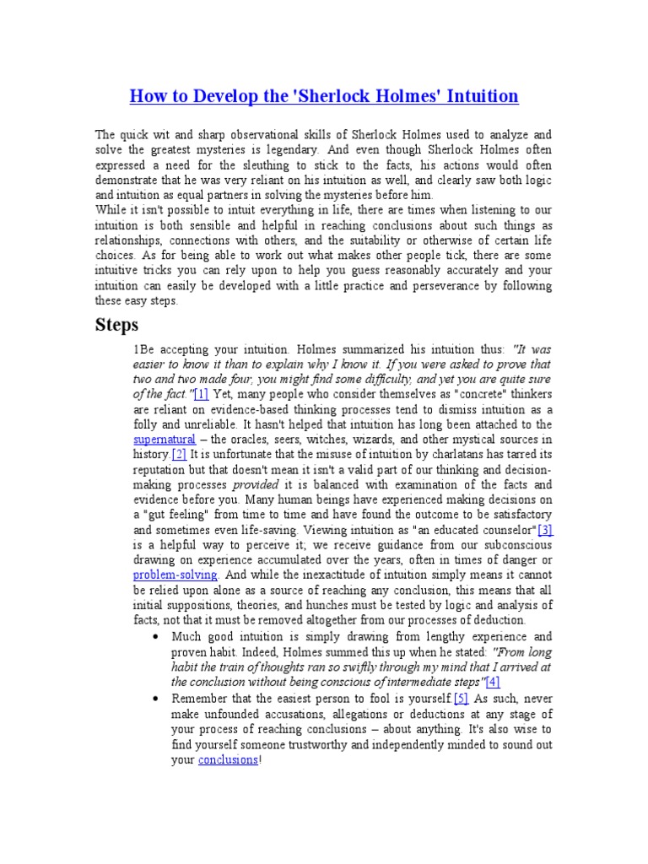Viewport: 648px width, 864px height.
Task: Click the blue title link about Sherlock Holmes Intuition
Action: [324, 96]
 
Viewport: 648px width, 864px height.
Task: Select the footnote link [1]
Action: [201, 394]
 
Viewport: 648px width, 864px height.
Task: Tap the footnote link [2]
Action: [179, 455]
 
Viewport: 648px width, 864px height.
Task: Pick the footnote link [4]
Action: [493, 682]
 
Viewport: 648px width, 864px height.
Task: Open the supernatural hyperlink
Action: [165, 440]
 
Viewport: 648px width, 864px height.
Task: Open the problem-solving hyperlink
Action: [175, 575]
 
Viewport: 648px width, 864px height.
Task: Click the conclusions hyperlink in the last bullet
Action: [228, 759]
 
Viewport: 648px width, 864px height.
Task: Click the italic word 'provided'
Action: [255, 485]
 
